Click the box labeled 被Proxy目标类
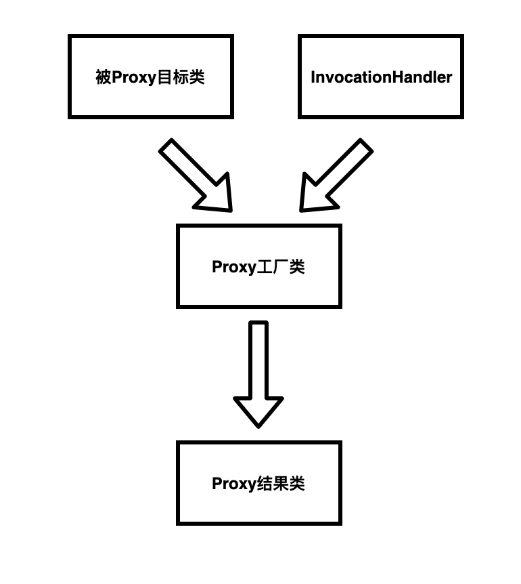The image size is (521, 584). pyautogui.click(x=150, y=77)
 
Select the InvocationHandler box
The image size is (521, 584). pyautogui.click(x=380, y=77)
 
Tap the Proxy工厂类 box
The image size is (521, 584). pyautogui.click(x=258, y=266)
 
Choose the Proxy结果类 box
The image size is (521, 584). pyautogui.click(x=258, y=483)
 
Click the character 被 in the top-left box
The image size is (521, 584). pyautogui.click(x=104, y=77)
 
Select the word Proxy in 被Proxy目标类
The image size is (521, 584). pyautogui.click(x=133, y=77)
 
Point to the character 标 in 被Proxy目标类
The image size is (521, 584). pyautogui.click(x=180, y=77)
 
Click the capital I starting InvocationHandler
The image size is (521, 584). pyautogui.click(x=313, y=77)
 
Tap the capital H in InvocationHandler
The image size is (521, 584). pyautogui.click(x=392, y=77)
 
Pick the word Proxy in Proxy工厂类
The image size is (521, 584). pyautogui.click(x=234, y=267)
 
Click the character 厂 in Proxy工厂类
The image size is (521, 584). pyautogui.click(x=281, y=267)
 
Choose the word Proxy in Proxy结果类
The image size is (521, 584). pyautogui.click(x=234, y=484)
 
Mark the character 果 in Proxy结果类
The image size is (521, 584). pyautogui.click(x=281, y=484)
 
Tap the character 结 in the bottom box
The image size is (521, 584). pyautogui.click(x=265, y=484)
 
